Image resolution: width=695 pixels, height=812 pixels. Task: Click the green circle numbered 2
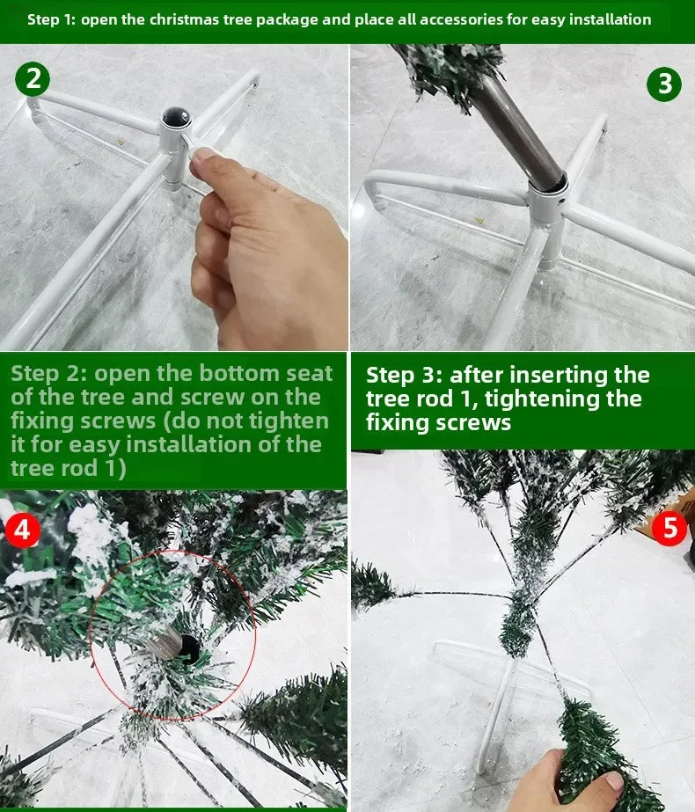pyautogui.click(x=33, y=79)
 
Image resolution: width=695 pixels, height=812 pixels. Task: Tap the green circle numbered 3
pyautogui.click(x=664, y=84)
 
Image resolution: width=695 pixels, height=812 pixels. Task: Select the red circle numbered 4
pyautogui.click(x=21, y=531)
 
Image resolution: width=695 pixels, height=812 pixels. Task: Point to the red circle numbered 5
pyautogui.click(x=670, y=529)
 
